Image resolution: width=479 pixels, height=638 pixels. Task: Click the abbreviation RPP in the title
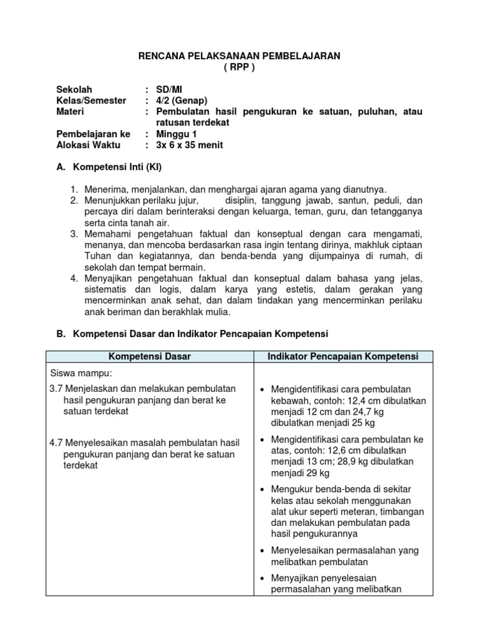point(239,67)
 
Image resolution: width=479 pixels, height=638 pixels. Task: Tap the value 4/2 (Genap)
point(181,100)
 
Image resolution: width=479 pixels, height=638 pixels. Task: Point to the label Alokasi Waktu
point(89,145)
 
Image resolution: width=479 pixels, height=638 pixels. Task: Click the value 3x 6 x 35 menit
point(189,145)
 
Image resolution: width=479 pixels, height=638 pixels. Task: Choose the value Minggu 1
point(176,134)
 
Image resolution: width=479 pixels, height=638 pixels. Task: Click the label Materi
point(70,112)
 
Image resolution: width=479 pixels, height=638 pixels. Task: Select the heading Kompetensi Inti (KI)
point(118,168)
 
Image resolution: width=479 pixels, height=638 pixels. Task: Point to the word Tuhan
point(95,256)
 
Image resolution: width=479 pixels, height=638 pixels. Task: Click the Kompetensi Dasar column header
point(150,356)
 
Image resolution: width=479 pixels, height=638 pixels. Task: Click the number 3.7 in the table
point(56,389)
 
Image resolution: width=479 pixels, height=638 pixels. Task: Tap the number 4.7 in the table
point(56,443)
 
